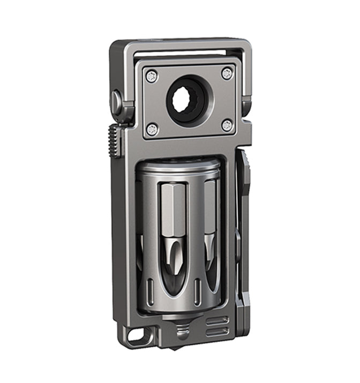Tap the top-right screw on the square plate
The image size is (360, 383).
click(x=227, y=73)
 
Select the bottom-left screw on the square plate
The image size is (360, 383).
click(x=152, y=129)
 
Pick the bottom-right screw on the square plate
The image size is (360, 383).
click(x=227, y=126)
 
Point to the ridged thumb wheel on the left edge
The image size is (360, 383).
click(x=113, y=140)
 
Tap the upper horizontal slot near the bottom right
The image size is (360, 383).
click(x=217, y=320)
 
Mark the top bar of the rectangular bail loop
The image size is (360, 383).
click(x=182, y=47)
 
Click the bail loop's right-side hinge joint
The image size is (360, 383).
click(x=245, y=105)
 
